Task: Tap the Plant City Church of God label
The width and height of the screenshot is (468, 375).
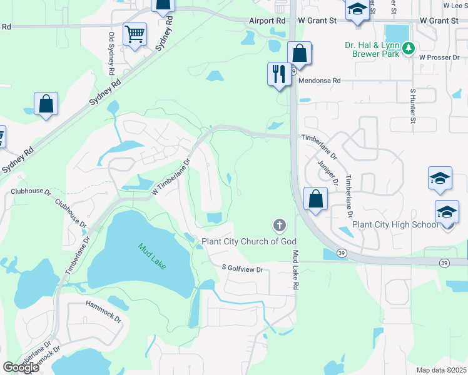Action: pyautogui.click(x=248, y=241)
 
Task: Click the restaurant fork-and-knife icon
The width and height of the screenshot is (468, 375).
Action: pyautogui.click(x=278, y=74)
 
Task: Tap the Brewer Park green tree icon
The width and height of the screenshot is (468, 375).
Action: pyautogui.click(x=409, y=47)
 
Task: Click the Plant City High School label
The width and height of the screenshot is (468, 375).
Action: pyautogui.click(x=395, y=225)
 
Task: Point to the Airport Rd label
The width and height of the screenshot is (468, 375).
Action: pyautogui.click(x=267, y=21)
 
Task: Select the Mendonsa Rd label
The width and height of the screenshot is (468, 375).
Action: pyautogui.click(x=319, y=81)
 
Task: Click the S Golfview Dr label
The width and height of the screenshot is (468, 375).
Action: pyautogui.click(x=243, y=269)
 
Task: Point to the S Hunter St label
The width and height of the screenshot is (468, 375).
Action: pyautogui.click(x=413, y=104)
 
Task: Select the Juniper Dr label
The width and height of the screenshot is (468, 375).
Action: pyautogui.click(x=327, y=171)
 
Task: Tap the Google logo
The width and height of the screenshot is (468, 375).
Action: pyautogui.click(x=20, y=367)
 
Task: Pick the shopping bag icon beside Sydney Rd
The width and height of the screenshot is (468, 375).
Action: pyautogui.click(x=46, y=104)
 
